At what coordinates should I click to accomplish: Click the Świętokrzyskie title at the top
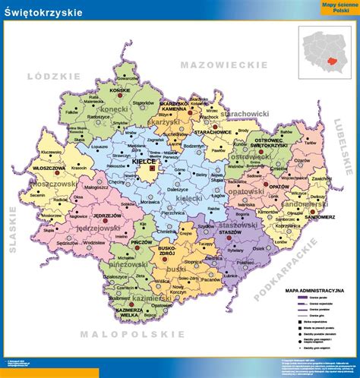(44, 13)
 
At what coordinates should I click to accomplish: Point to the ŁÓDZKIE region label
(48, 76)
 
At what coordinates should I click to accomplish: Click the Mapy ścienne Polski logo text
(334, 8)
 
